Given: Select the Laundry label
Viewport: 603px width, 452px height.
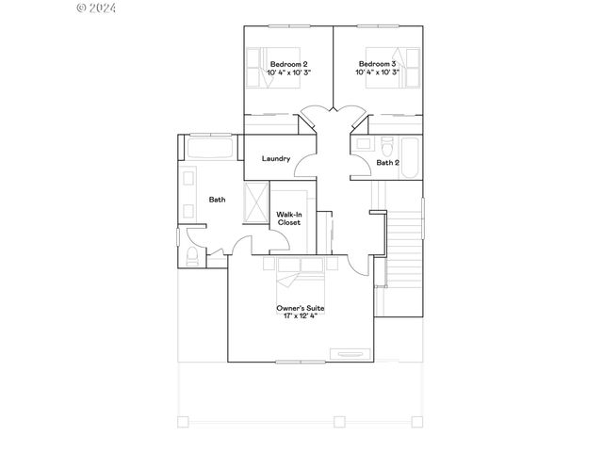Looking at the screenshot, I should click(x=276, y=158).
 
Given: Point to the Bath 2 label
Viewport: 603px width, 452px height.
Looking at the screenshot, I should click(x=387, y=163).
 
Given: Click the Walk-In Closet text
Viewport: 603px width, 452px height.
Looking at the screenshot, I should click(x=288, y=218).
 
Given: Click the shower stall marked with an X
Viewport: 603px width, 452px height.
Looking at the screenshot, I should click(x=256, y=202).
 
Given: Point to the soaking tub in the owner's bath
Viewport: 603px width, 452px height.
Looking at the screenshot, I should click(x=209, y=149).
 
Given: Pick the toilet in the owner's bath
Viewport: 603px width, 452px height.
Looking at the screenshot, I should click(x=190, y=257).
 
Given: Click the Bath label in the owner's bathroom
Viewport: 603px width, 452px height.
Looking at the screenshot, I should click(x=217, y=200).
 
